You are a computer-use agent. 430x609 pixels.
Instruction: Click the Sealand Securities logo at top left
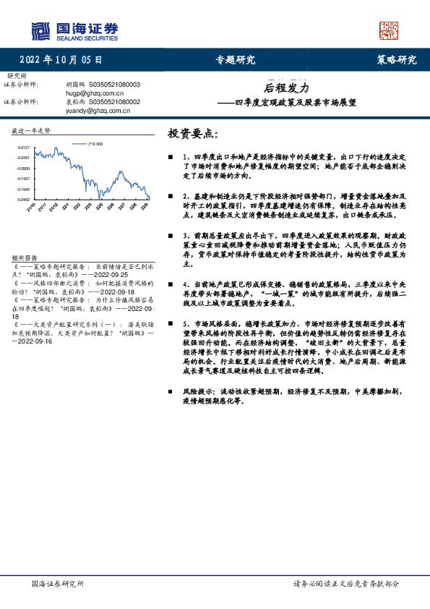tap(74, 30)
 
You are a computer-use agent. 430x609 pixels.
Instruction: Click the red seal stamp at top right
tap(389, 30)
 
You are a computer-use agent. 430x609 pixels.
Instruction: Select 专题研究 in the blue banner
tap(236, 61)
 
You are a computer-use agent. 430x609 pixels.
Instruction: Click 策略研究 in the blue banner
tap(397, 61)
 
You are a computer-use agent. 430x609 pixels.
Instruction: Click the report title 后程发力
tap(285, 88)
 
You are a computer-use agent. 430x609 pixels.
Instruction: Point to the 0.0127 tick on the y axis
tap(24, 147)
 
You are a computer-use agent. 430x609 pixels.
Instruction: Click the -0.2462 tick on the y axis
tap(23, 198)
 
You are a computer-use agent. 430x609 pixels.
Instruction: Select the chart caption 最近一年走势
tap(31, 131)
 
